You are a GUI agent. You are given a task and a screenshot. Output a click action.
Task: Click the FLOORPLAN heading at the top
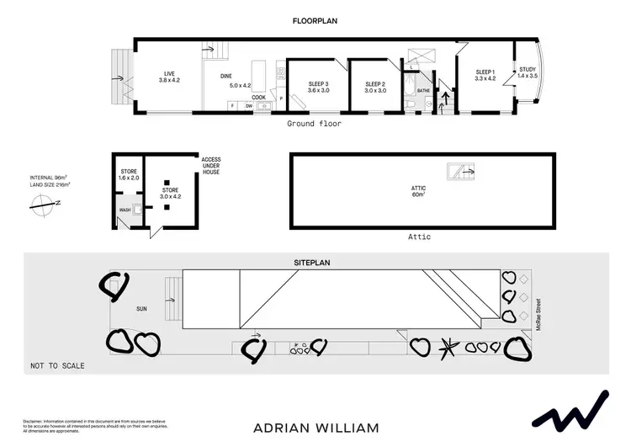click(x=315, y=20)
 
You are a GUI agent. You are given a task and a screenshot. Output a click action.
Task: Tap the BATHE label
click(x=423, y=88)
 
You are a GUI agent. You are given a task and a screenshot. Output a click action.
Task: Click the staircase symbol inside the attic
click(x=460, y=172)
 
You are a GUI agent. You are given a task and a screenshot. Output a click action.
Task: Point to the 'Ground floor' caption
click(x=314, y=124)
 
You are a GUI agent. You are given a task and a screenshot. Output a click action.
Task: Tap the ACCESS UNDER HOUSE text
click(x=210, y=165)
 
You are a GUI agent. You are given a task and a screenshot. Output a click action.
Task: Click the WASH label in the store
click(x=125, y=210)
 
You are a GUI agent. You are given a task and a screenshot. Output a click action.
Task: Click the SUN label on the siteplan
click(x=142, y=309)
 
